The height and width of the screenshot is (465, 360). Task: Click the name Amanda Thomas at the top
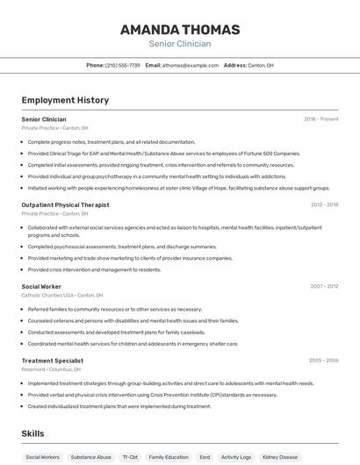pos(180,29)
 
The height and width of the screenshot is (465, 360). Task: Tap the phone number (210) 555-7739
pos(122,65)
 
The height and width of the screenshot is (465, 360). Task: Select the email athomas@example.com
pos(190,65)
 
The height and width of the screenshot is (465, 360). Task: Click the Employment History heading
pos(65,100)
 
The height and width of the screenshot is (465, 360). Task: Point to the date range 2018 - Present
pos(321,118)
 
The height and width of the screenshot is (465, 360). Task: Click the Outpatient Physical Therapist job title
pos(65,204)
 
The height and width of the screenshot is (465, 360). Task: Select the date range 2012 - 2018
pos(324,204)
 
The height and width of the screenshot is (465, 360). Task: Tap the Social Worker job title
pos(41,286)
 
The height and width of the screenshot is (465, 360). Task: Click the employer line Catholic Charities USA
pos(62,296)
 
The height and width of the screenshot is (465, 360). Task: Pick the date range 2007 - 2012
pos(324,286)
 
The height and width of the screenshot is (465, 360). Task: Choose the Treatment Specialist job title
pos(53,361)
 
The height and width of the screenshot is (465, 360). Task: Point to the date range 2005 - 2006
pos(324,361)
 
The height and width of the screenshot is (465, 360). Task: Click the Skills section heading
pos(32,433)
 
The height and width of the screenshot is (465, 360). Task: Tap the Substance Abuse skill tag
pos(91,457)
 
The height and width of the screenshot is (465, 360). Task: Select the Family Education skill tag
pos(169,457)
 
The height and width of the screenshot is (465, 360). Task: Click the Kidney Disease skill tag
pos(280,457)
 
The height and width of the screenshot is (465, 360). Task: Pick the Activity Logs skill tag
pos(236,457)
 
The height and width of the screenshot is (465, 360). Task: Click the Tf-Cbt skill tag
pos(130,457)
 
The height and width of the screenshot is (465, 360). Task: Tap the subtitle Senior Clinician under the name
pos(180,43)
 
